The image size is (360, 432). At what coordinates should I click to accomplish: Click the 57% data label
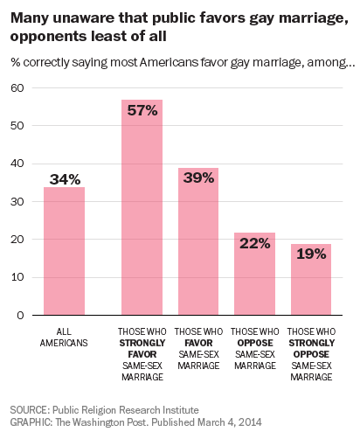142,111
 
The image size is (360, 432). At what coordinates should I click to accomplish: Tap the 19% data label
311,254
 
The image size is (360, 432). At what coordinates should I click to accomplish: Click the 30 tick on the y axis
17,201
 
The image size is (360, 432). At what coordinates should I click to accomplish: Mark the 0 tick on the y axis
20,315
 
